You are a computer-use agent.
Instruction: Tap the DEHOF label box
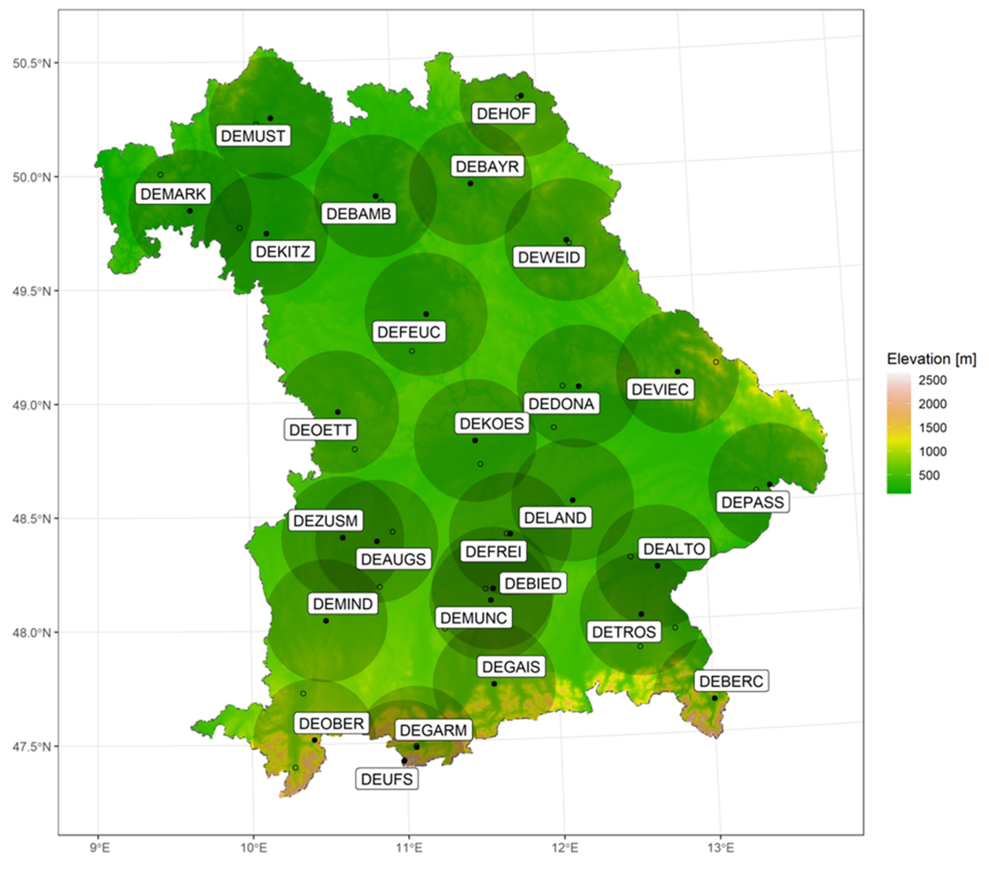(503, 113)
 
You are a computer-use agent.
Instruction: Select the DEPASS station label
(752, 502)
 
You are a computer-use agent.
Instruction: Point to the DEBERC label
(731, 681)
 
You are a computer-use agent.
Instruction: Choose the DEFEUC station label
(409, 332)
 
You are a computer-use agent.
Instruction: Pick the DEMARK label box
(173, 194)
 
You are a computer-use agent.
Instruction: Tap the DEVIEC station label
(660, 389)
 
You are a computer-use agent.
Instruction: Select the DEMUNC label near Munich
(473, 618)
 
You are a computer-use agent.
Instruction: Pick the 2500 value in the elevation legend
(932, 380)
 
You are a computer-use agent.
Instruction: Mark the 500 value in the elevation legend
(929, 475)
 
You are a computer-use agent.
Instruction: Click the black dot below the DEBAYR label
(470, 183)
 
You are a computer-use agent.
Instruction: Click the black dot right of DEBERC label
(715, 698)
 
